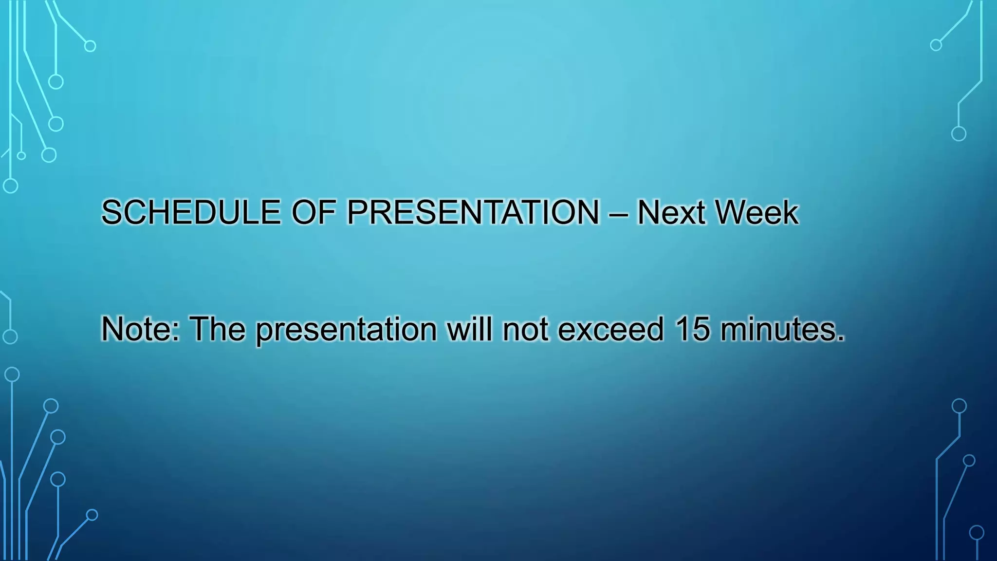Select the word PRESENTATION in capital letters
(473, 212)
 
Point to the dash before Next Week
(618, 213)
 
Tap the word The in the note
(218, 329)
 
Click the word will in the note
(470, 329)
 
